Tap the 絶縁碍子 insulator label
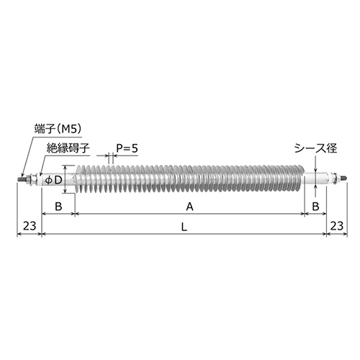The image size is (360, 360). (68, 148)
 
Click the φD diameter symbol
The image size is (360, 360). (54, 180)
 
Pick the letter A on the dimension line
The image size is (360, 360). (189, 207)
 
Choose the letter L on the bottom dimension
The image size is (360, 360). (184, 227)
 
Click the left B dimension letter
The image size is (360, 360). (58, 207)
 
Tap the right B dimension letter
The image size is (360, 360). (315, 207)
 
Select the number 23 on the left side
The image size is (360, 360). (29, 227)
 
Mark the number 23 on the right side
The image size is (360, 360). (336, 227)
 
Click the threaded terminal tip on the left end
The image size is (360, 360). (19, 179)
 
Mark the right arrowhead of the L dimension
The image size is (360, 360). (323, 235)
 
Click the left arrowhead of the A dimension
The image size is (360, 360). (77, 215)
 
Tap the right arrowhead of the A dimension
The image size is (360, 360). (300, 215)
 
